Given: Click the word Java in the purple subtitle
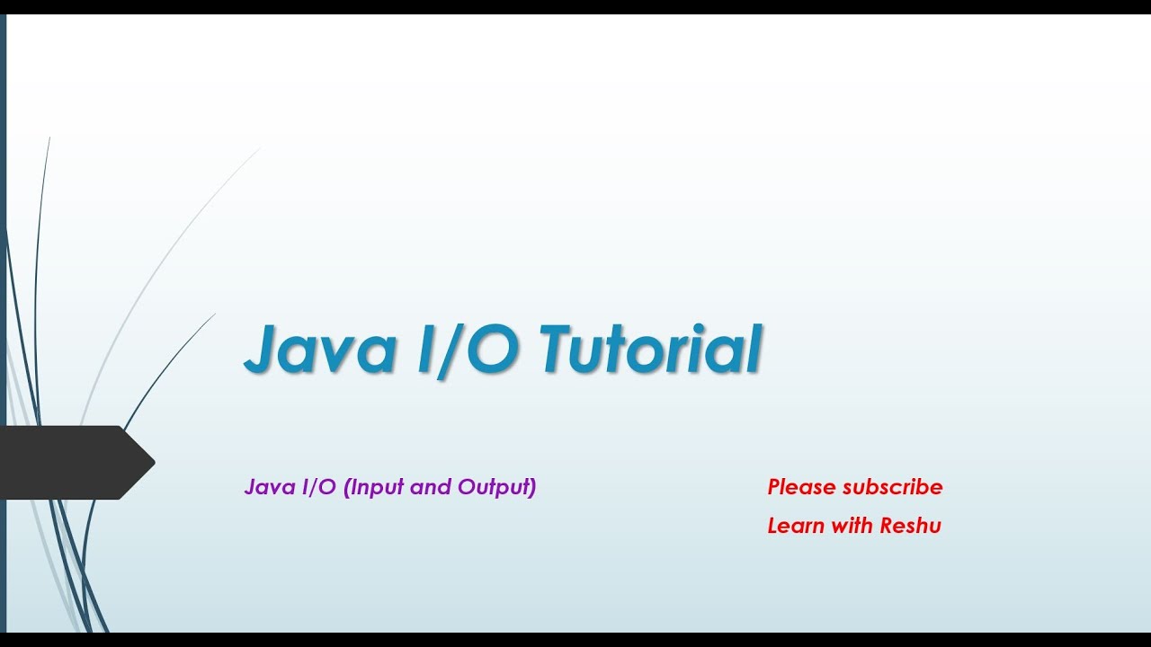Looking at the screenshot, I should (264, 487).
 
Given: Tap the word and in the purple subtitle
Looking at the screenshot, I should (431, 487).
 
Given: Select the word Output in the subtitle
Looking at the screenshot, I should (494, 487).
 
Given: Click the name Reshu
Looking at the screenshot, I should (911, 526).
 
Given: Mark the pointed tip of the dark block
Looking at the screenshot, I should (152, 463).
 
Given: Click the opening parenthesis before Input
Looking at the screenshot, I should (347, 487).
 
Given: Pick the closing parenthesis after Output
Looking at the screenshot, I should (532, 487).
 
